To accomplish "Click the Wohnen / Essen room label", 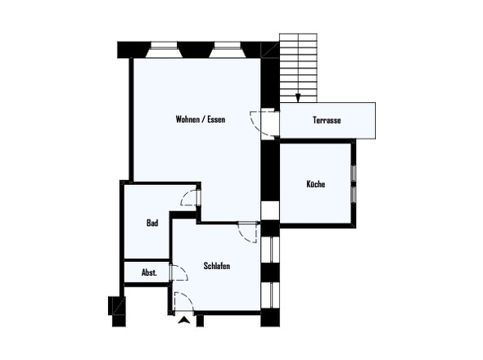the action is tap(201, 119).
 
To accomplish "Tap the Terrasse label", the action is tap(327, 120).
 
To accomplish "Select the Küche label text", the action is tap(316, 184).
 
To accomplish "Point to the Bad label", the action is tap(152, 223).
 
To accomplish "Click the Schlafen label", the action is tap(217, 266).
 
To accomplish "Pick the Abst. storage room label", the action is tap(149, 272).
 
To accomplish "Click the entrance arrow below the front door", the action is tap(184, 320).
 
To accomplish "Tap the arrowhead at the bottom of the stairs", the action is tap(298, 98).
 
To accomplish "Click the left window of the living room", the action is tap(165, 50).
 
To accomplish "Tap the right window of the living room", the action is tap(228, 50).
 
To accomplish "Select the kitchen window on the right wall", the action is tap(354, 184).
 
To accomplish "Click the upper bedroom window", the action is tap(271, 250).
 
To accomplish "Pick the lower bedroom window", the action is tap(271, 295).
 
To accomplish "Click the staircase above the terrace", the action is tap(298, 68).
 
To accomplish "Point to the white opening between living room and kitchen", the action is tap(270, 210).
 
